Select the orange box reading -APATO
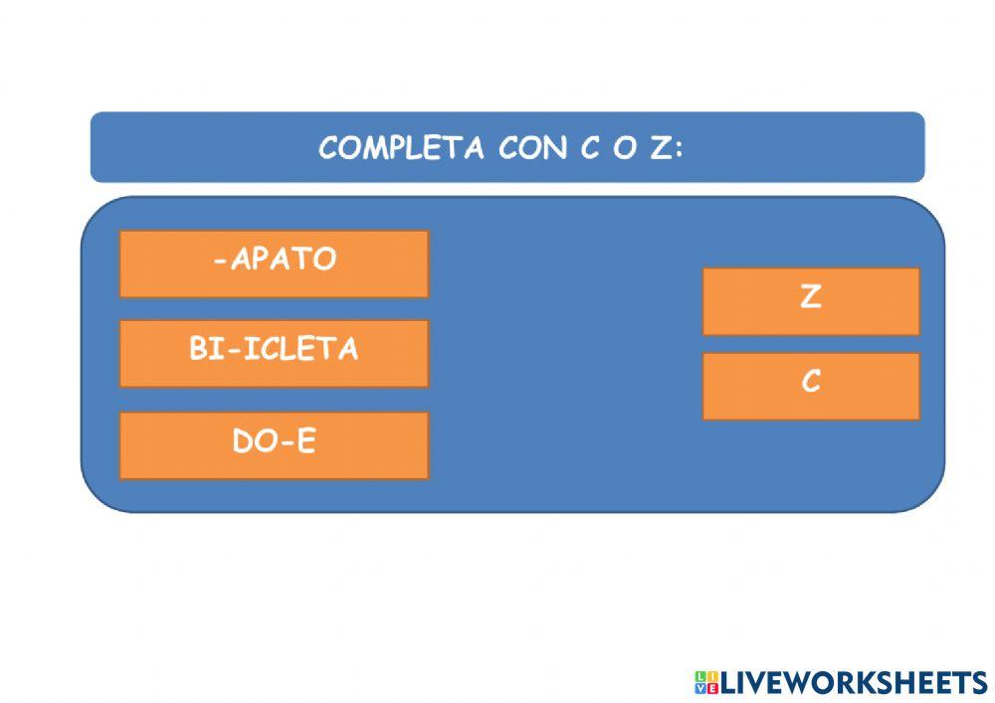274,264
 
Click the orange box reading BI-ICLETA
274,353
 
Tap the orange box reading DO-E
274,444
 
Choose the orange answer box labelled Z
811,300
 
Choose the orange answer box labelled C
811,386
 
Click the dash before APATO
219,261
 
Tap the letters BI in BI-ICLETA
207,349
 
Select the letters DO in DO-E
253,441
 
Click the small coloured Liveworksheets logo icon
705,682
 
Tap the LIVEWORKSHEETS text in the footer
853,682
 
